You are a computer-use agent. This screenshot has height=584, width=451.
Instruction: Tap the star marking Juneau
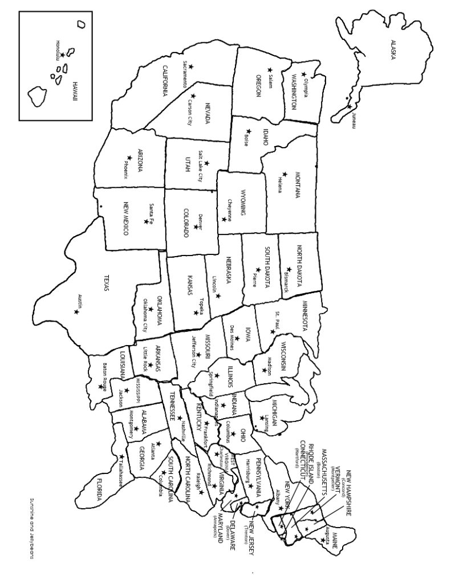click(348, 106)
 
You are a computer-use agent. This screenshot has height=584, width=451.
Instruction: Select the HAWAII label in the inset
click(74, 91)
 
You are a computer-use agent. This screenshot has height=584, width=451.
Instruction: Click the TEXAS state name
click(105, 282)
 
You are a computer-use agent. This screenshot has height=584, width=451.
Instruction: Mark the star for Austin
click(76, 311)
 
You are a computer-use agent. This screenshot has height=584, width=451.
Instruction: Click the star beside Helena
click(285, 173)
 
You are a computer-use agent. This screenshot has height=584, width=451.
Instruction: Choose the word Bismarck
click(286, 282)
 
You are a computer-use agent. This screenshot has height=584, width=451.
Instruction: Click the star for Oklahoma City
click(151, 310)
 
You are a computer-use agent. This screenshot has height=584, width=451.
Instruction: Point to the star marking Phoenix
click(129, 158)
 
